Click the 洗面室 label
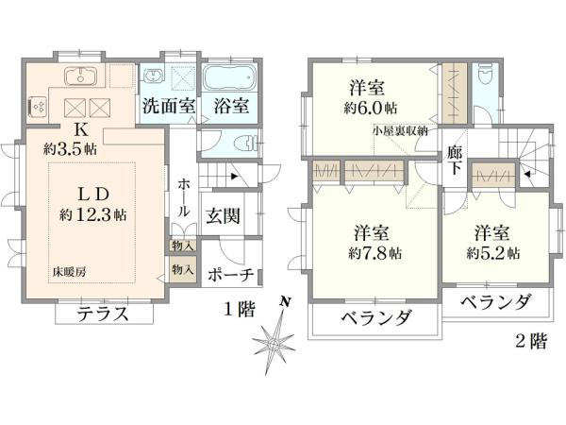(x=168, y=106)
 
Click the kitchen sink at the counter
(x=76, y=76)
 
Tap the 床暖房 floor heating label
(x=69, y=272)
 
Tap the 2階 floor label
(x=530, y=342)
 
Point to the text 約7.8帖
(x=375, y=253)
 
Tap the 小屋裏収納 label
(x=400, y=131)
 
